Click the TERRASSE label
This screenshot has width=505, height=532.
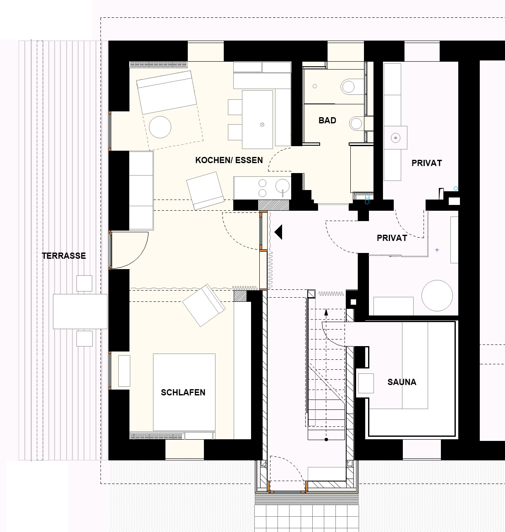pos(64,256)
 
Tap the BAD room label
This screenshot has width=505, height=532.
pos(327,120)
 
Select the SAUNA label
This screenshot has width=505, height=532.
pos(402,382)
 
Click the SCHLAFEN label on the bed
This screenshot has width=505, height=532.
pos(183,392)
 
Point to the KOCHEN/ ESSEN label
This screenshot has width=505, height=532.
pos(229,160)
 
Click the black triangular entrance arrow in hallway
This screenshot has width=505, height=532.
pos(278,232)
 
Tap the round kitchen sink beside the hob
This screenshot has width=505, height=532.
pos(282,186)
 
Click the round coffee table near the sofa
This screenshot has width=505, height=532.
pos(160,127)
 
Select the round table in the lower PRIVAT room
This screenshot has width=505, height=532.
pos(437,296)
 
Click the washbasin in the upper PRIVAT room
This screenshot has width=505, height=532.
pos(395,138)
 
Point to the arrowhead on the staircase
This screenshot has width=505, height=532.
pos(326,312)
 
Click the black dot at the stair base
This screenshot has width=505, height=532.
pos(326,440)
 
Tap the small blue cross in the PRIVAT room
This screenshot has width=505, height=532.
pos(437,250)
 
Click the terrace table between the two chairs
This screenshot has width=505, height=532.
pos(80,311)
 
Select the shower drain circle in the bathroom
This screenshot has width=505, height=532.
pos(315,86)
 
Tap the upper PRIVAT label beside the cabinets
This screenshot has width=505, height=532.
pos(426,163)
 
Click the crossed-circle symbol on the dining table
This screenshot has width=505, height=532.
pos(262,125)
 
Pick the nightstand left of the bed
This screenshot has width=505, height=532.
pos(124,371)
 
